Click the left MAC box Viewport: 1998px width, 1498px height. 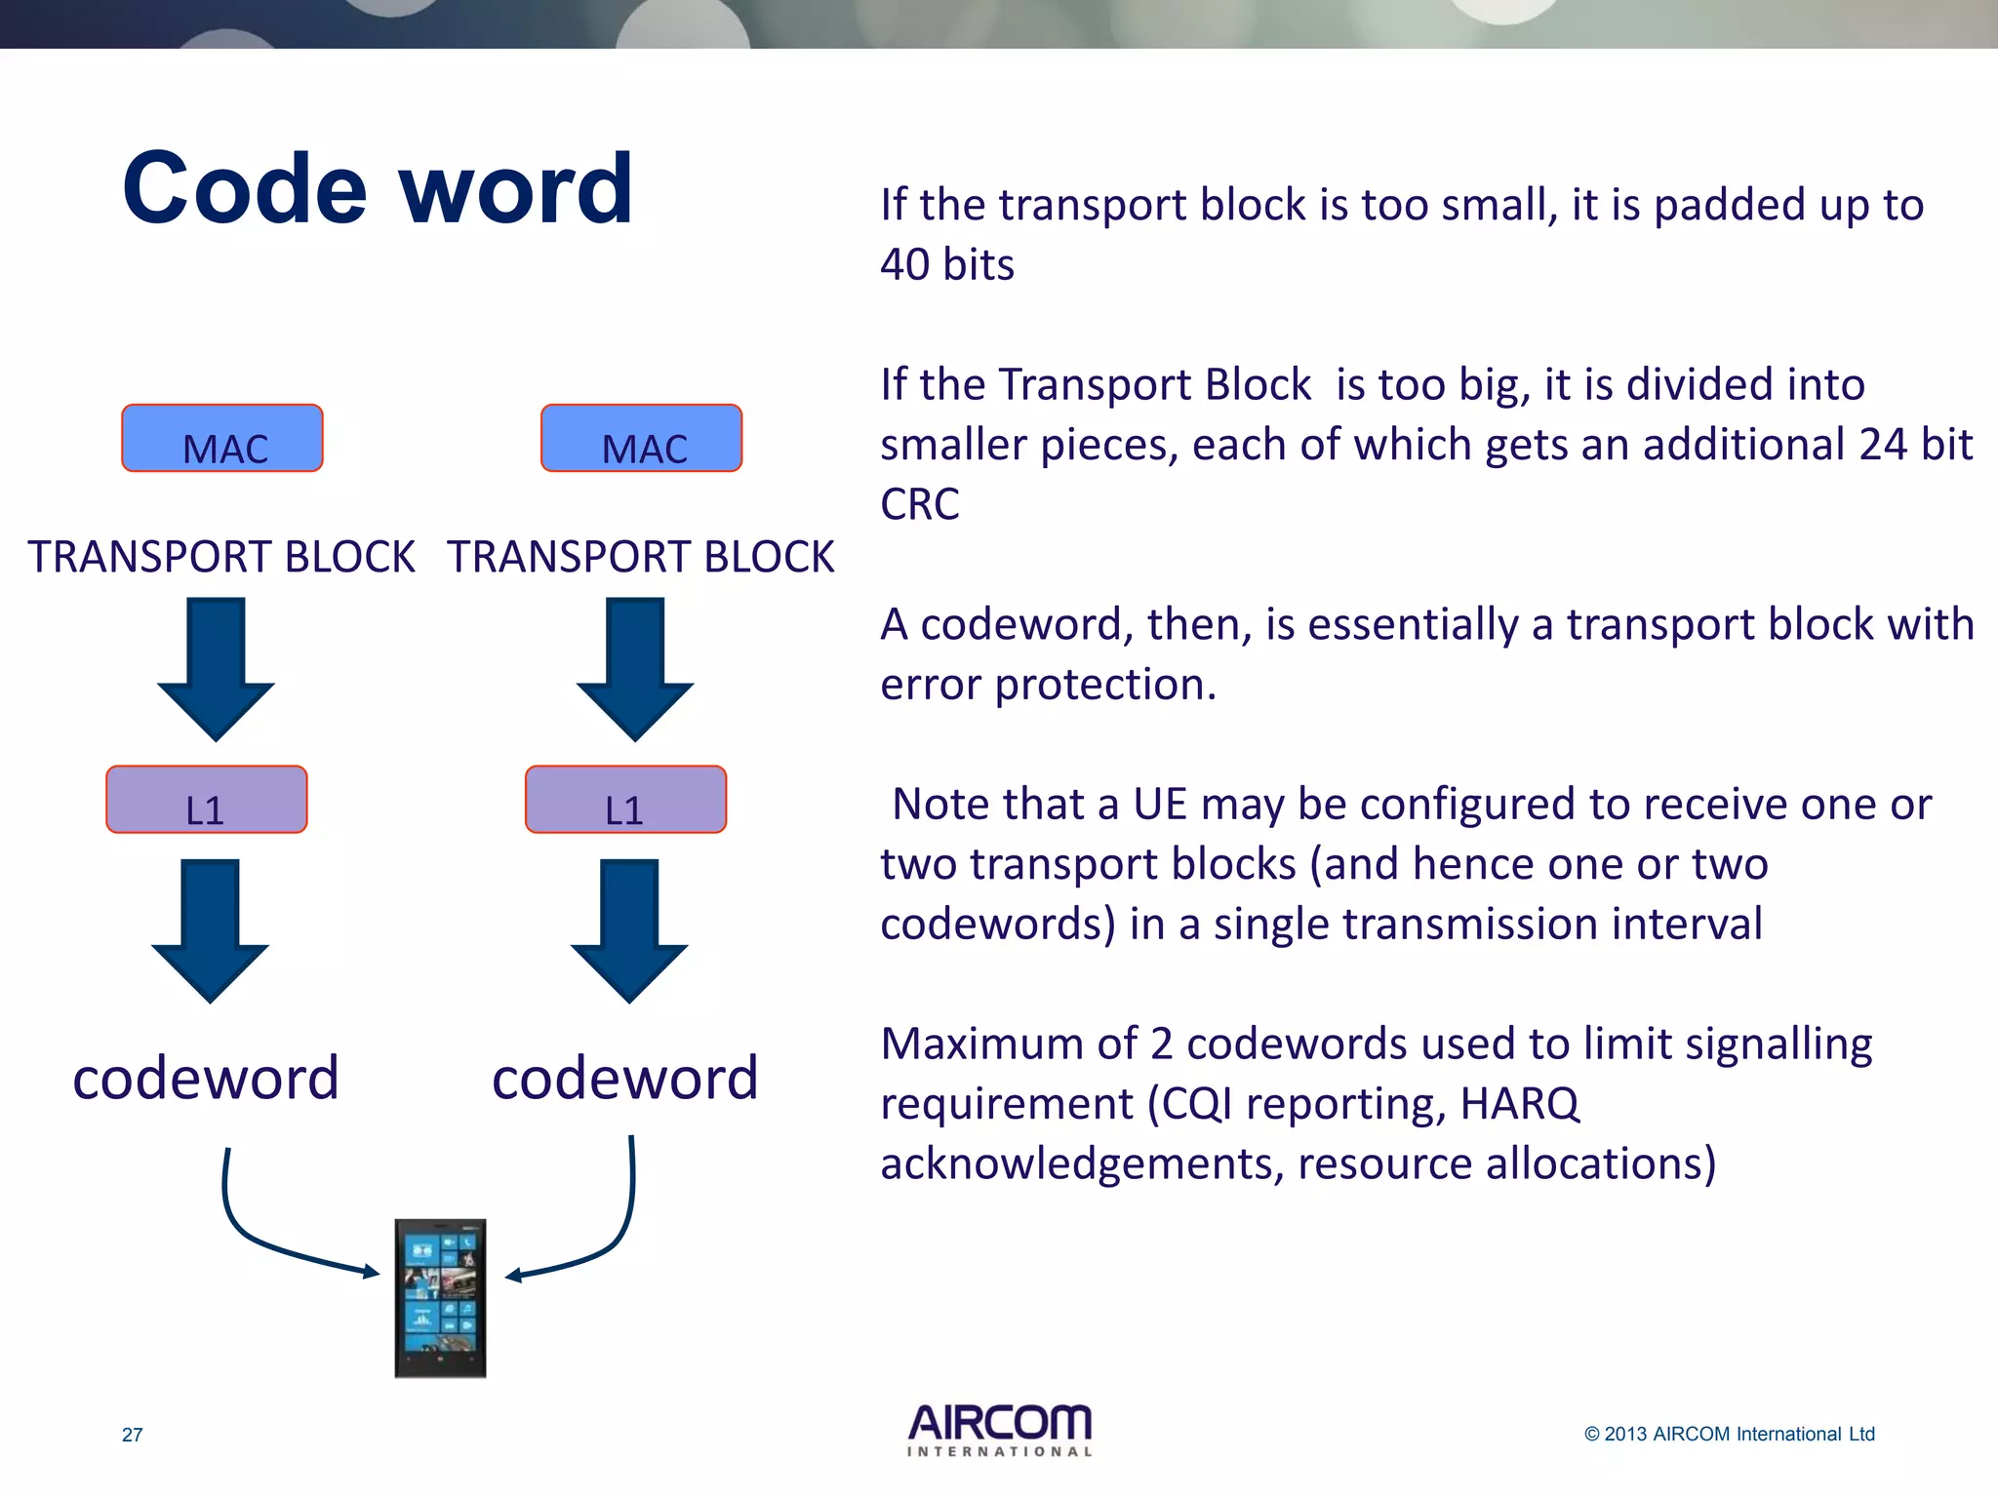222,439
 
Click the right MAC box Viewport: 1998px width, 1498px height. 641,439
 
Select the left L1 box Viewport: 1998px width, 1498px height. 207,800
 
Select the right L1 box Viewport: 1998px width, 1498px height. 625,800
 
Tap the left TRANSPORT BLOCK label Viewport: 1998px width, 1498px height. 221,557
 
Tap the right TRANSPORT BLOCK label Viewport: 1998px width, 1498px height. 641,557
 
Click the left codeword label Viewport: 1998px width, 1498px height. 206,1079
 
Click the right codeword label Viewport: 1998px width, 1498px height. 624,1079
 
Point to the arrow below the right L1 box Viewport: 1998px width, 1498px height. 629,930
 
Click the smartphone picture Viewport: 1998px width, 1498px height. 440,1297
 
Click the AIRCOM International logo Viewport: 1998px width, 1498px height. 1000,1430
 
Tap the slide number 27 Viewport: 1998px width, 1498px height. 133,1435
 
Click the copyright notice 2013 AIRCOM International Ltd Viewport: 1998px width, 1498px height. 1729,1434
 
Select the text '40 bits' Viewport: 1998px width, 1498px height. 946,265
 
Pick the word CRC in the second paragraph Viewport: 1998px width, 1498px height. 919,505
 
